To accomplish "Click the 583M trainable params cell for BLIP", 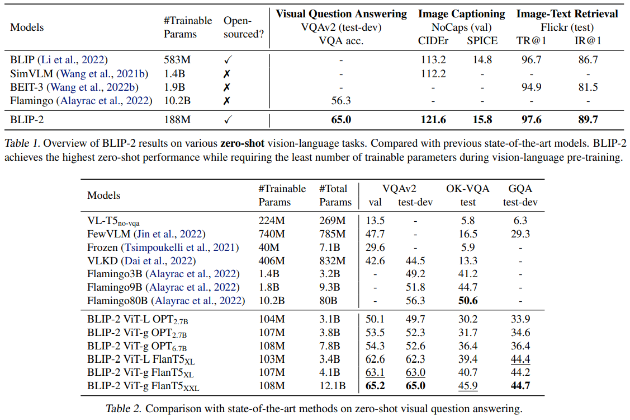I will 177,59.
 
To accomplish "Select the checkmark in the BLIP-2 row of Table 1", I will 227,120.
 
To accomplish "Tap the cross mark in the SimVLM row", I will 227,73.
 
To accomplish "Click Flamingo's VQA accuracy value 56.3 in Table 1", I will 341,101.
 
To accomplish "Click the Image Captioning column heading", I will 461,14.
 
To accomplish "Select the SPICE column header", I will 482,40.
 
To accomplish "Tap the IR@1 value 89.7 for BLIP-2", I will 588,120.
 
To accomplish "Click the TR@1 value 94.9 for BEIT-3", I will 530,87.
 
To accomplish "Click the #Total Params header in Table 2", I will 335,195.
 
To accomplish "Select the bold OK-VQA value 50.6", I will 467,301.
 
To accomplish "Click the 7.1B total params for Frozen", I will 330,247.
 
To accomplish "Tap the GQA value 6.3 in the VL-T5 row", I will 519,221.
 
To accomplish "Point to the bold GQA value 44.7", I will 519,386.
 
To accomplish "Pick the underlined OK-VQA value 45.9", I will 467,386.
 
